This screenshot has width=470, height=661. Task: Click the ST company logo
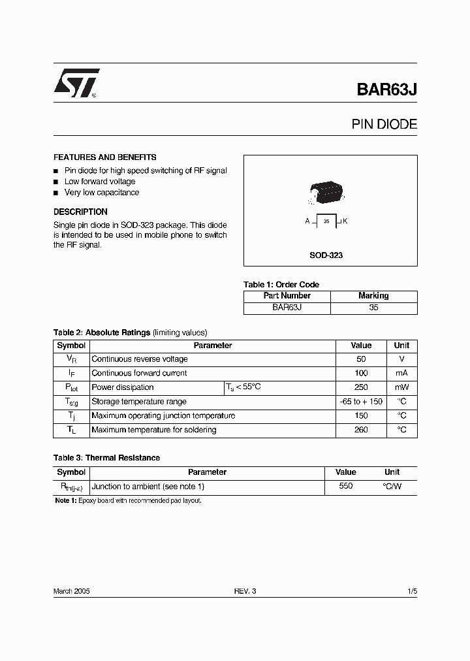76,83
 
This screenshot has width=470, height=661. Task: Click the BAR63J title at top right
386,89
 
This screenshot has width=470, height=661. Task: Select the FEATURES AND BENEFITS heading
104,157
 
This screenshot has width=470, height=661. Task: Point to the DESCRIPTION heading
80,212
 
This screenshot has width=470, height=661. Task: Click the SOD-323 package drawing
325,191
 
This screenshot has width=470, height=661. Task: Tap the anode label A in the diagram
307,221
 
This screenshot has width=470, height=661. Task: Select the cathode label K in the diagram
345,221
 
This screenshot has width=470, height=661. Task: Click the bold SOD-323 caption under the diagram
326,255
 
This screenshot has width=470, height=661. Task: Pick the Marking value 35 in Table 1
373,307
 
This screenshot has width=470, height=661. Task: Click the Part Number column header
287,295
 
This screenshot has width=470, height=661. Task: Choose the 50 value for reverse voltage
361,359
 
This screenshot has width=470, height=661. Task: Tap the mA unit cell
401,373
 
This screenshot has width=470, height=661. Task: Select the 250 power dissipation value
361,387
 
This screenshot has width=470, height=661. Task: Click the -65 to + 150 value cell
361,402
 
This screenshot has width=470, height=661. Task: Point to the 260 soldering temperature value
361,430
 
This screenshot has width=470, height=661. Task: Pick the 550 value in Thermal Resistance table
345,486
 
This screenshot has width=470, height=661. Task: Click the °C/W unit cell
392,486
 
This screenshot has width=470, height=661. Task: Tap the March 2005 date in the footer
71,591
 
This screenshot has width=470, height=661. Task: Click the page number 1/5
411,591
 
